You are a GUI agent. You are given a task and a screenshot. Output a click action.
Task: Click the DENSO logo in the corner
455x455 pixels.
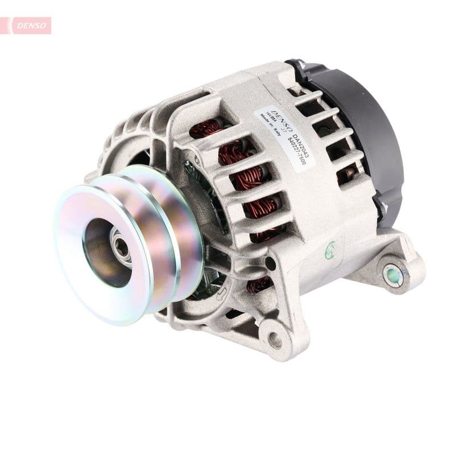pos(28,25)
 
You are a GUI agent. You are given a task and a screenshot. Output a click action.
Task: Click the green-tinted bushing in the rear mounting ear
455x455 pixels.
pos(393,275)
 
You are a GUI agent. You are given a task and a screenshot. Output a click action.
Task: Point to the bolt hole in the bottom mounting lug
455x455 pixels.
pos(275,340)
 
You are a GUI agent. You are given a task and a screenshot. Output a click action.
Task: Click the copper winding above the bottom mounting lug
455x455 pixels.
pos(259,284)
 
